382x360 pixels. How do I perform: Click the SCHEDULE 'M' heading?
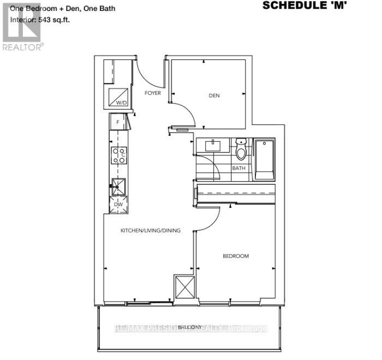click(304, 6)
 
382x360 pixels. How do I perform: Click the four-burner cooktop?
click(120, 155)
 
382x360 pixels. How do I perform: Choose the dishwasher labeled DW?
click(119, 205)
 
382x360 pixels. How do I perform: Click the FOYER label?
click(153, 93)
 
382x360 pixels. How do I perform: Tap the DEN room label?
click(214, 96)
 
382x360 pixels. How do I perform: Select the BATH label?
click(238, 169)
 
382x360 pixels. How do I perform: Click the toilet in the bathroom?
click(241, 149)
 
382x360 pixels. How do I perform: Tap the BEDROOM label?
click(235, 256)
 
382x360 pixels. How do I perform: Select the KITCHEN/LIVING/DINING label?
click(150, 231)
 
